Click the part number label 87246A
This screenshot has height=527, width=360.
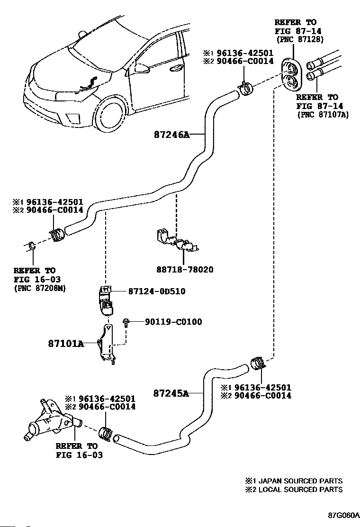(x=171, y=135)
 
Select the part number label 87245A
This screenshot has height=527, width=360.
(x=171, y=393)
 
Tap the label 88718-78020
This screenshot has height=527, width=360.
(x=184, y=270)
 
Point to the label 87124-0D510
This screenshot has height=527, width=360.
(x=156, y=291)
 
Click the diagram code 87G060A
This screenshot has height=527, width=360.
(x=343, y=515)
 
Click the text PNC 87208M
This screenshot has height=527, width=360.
(x=40, y=288)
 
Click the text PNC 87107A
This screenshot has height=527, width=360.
(x=323, y=114)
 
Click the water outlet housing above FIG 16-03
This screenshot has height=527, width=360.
(x=47, y=419)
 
